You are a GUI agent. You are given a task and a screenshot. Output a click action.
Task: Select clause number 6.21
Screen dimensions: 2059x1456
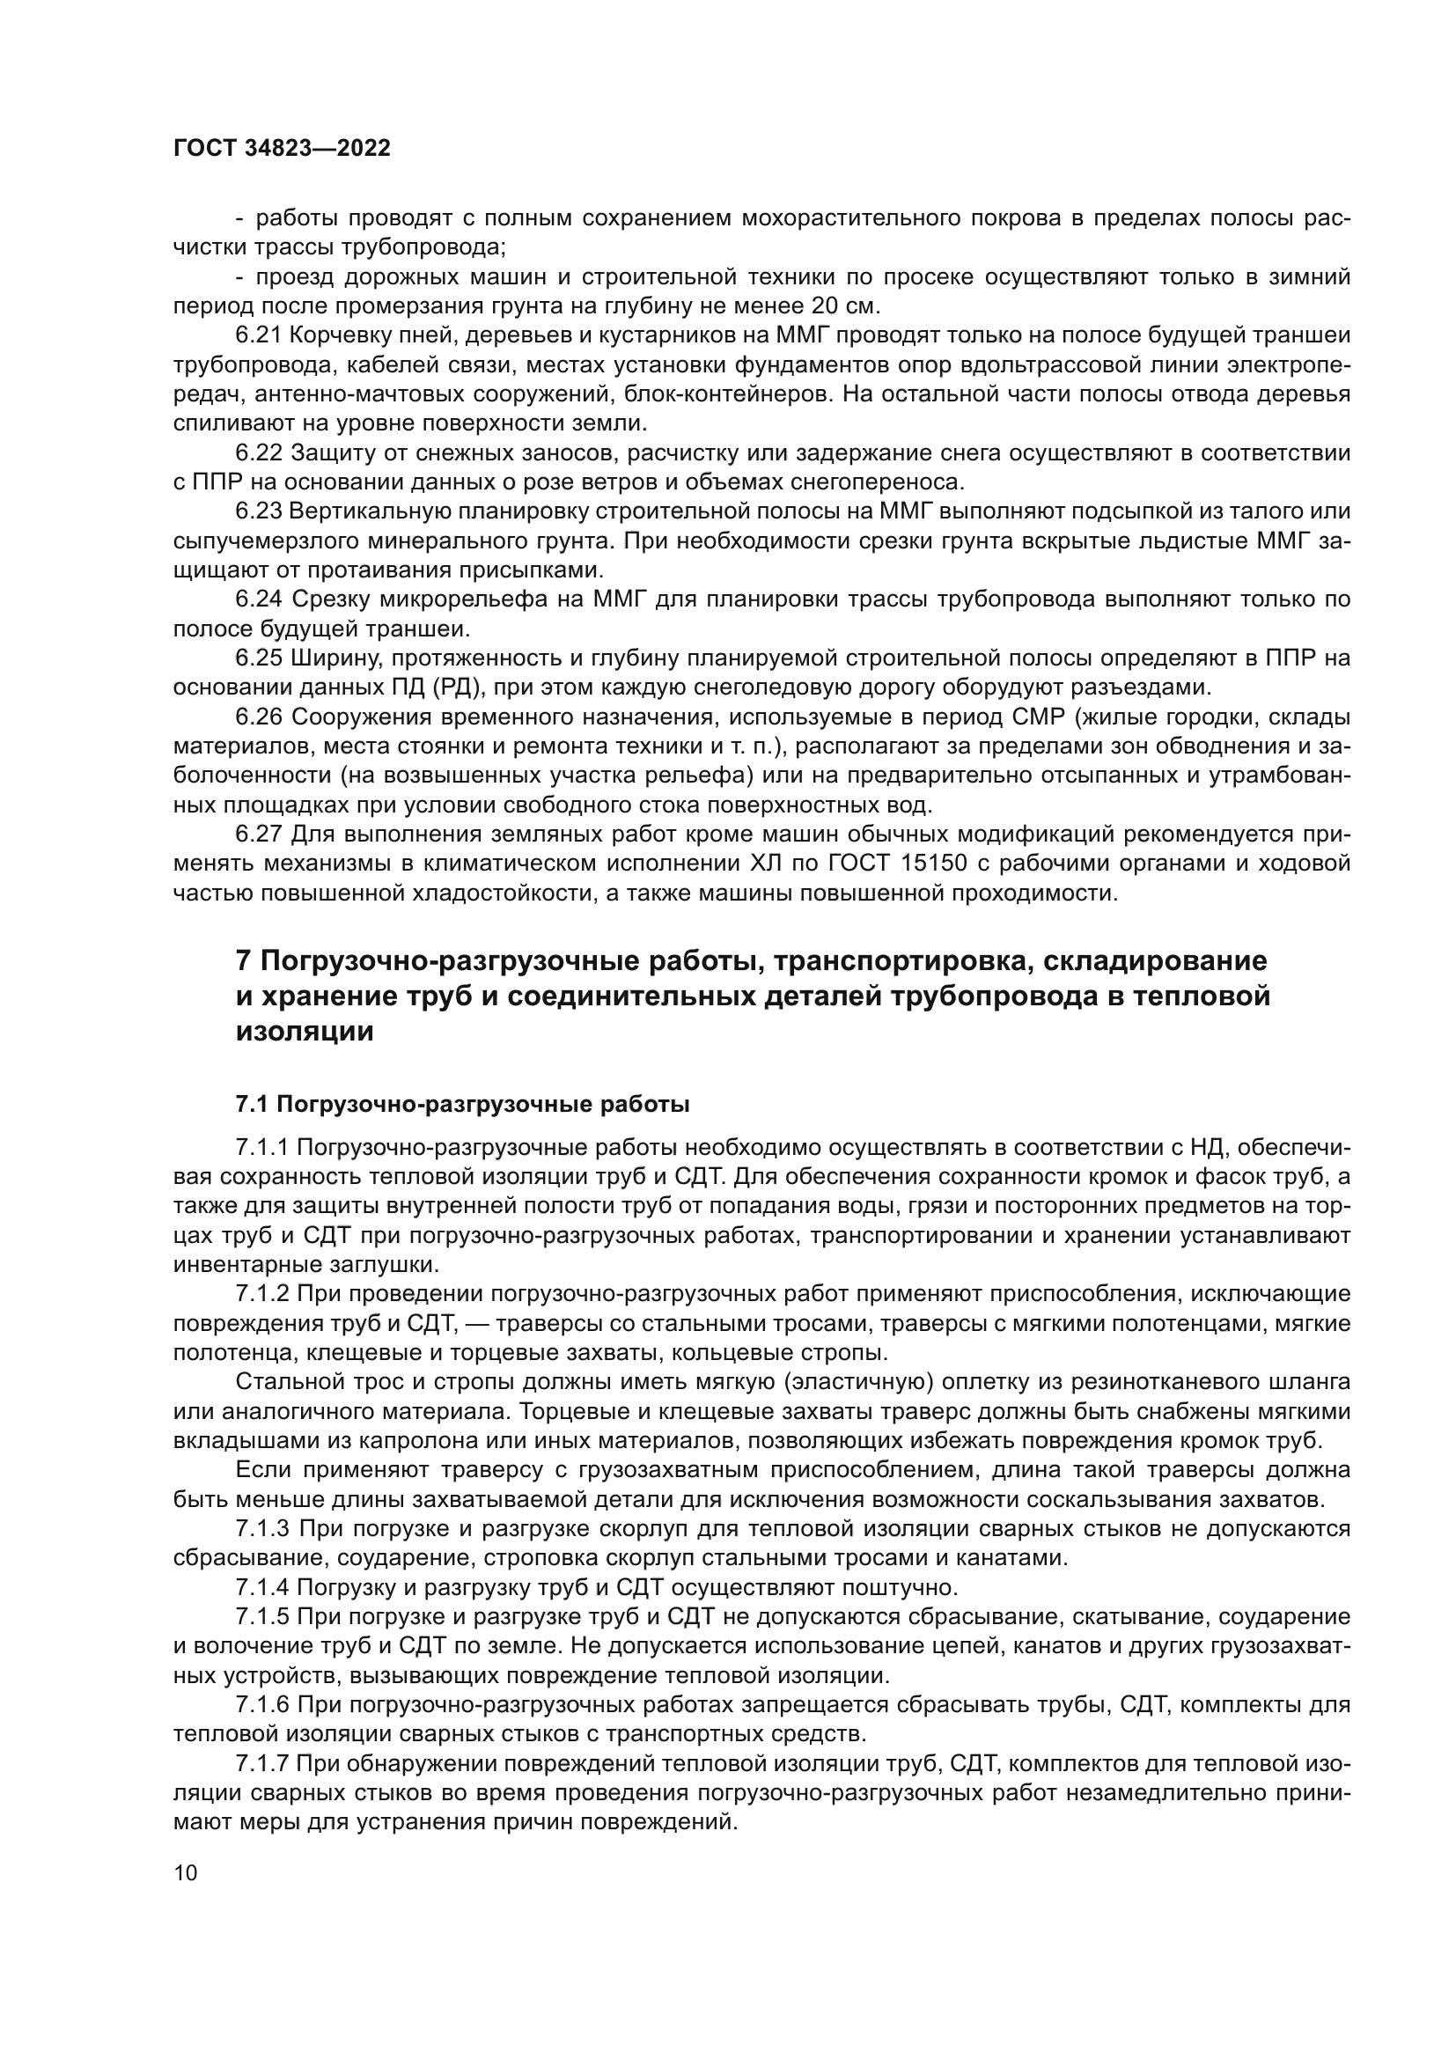(x=259, y=335)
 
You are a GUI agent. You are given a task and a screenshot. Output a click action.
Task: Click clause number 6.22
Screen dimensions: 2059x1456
(x=259, y=452)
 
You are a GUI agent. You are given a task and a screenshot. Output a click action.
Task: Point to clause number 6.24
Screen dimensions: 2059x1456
(x=259, y=599)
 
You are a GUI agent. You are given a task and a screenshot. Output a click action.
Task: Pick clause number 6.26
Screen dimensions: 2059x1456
(x=259, y=717)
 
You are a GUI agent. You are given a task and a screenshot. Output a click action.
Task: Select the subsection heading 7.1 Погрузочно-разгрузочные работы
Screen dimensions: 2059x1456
(x=462, y=1104)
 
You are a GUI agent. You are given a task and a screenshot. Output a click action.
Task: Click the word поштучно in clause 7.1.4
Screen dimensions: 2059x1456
(x=899, y=1587)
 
